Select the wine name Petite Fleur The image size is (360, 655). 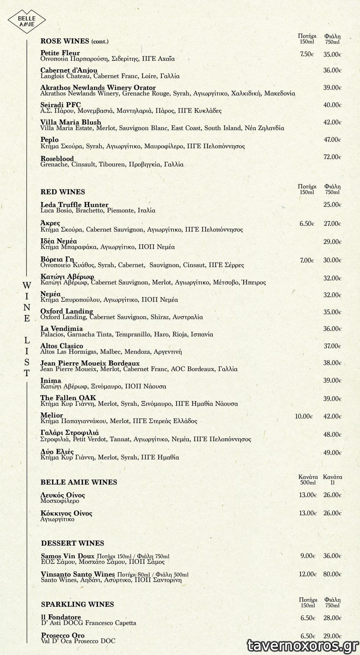tap(60, 53)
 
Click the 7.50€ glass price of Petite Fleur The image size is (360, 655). tap(307, 54)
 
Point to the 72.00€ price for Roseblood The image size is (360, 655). tap(332, 157)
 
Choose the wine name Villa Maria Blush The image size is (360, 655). tap(71, 122)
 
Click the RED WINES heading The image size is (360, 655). tap(63, 192)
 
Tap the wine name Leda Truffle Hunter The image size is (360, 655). tap(74, 205)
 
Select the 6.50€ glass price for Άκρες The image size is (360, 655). tap(307, 224)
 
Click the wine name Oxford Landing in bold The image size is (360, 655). tap(67, 311)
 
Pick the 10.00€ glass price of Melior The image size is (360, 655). tap(304, 416)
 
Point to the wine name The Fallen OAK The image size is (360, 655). tap(68, 398)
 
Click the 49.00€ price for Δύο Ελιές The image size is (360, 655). tap(332, 453)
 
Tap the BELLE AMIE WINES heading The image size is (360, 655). tap(79, 482)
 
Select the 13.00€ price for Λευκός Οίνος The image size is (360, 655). tap(307, 495)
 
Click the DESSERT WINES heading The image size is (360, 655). tap(72, 543)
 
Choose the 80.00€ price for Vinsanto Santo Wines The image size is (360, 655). tap(332, 574)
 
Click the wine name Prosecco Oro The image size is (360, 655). tap(63, 635)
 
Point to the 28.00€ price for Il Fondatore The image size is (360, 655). tap(332, 618)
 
